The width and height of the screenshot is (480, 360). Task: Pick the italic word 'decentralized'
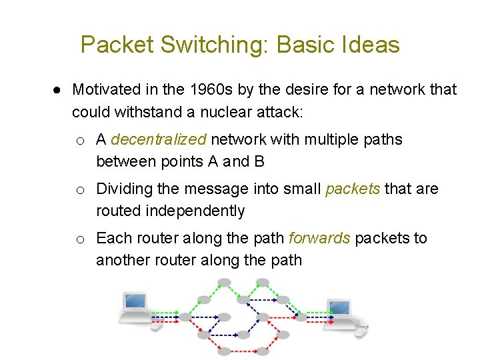159,140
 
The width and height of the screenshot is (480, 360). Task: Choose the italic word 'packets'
353,189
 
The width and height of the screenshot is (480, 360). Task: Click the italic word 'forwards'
319,239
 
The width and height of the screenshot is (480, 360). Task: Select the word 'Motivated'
107,89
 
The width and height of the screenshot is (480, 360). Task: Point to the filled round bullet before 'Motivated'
58,90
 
